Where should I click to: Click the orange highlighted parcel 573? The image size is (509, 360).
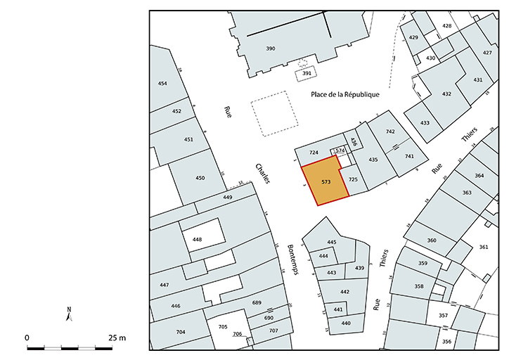[326, 183]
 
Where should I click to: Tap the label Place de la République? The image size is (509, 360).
[345, 94]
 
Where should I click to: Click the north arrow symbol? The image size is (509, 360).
[69, 314]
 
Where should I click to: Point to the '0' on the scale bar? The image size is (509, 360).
[27, 338]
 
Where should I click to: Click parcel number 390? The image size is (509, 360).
[270, 49]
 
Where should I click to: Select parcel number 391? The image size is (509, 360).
[307, 73]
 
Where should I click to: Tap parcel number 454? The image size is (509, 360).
[162, 84]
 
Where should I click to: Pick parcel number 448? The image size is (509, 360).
[197, 240]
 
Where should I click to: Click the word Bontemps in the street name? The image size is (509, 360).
[293, 259]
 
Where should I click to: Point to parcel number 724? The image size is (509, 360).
[314, 153]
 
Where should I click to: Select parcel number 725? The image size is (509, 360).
[353, 180]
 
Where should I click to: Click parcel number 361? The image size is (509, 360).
[483, 247]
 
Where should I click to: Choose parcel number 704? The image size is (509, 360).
[181, 332]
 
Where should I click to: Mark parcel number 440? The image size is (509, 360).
[345, 323]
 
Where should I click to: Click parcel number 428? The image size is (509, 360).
[446, 26]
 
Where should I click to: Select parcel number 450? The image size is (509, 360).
[200, 178]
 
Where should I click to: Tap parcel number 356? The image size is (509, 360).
[446, 342]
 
